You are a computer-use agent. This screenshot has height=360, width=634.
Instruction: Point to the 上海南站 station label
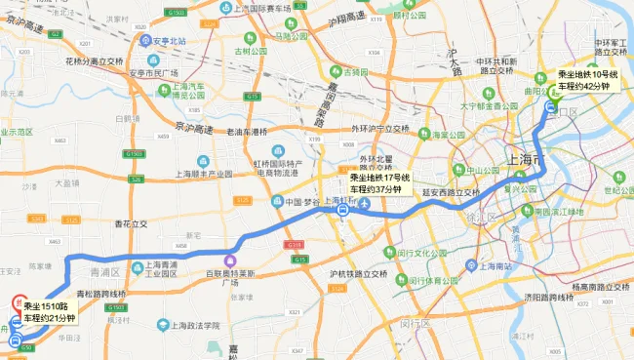pyautogui.click(x=488, y=264)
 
